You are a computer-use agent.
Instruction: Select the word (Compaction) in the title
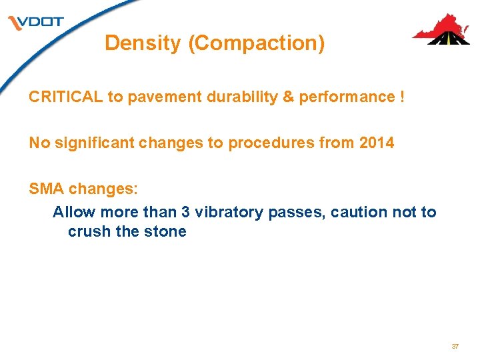tap(257, 43)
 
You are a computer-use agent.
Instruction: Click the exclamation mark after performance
tap(401, 97)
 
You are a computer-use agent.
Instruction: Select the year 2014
tap(375, 143)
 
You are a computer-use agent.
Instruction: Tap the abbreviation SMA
tap(47, 189)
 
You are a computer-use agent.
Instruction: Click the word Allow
tap(72, 212)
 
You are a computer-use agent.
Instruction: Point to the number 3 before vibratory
tap(186, 212)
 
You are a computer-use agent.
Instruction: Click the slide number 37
tap(455, 347)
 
